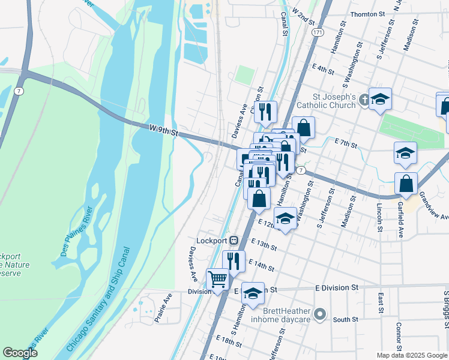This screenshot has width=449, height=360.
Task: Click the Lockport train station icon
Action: (x=234, y=240)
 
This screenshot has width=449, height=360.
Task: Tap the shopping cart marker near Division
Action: (x=217, y=278)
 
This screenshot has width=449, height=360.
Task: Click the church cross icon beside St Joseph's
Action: (x=364, y=101)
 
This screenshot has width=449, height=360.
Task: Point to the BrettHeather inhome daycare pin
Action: (x=320, y=313)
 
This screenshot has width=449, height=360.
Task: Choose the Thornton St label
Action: (x=367, y=14)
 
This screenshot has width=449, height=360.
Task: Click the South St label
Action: (x=345, y=320)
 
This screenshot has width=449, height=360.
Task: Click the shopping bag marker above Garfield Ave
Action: (x=406, y=184)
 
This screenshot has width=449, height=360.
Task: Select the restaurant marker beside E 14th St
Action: (x=234, y=261)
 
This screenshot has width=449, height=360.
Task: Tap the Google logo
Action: (x=20, y=353)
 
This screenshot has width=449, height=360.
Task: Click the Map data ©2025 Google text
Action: (x=412, y=355)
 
